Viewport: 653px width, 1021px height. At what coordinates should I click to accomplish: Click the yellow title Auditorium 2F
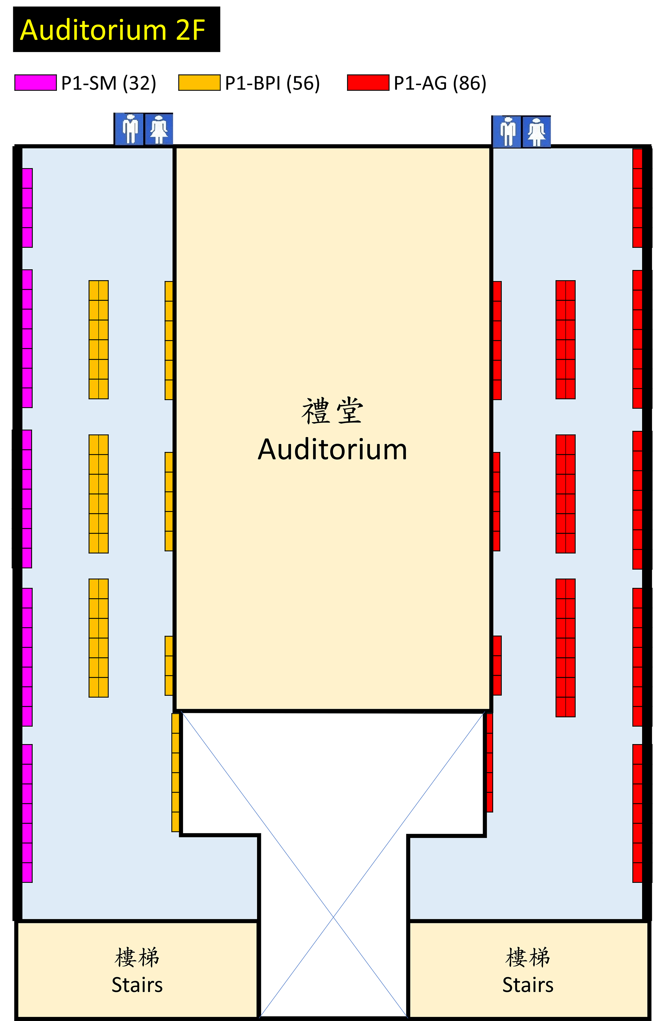tap(112, 30)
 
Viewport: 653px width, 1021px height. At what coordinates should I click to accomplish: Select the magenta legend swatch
tap(36, 82)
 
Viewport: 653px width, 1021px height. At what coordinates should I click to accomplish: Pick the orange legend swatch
tap(199, 82)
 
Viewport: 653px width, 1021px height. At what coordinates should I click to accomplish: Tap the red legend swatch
tap(368, 82)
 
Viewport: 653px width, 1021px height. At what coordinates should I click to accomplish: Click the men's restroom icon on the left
tap(129, 129)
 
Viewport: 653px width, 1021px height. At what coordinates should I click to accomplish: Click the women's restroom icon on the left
tap(159, 129)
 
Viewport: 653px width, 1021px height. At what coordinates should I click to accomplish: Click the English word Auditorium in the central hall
tap(332, 449)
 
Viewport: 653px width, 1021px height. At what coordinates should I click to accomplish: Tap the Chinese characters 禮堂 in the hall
tap(332, 411)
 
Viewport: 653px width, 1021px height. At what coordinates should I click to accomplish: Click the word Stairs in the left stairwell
tap(137, 985)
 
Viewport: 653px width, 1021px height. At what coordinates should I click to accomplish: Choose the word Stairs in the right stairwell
tap(528, 985)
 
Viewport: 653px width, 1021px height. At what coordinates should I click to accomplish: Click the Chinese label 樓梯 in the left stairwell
tap(137, 957)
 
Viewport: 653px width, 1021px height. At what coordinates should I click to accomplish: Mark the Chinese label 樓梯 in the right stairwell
tap(528, 957)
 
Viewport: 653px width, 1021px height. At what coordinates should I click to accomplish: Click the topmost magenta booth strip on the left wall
tap(27, 208)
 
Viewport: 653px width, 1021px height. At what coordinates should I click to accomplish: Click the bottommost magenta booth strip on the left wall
tap(27, 813)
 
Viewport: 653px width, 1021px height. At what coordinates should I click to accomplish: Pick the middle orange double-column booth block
tap(98, 494)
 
